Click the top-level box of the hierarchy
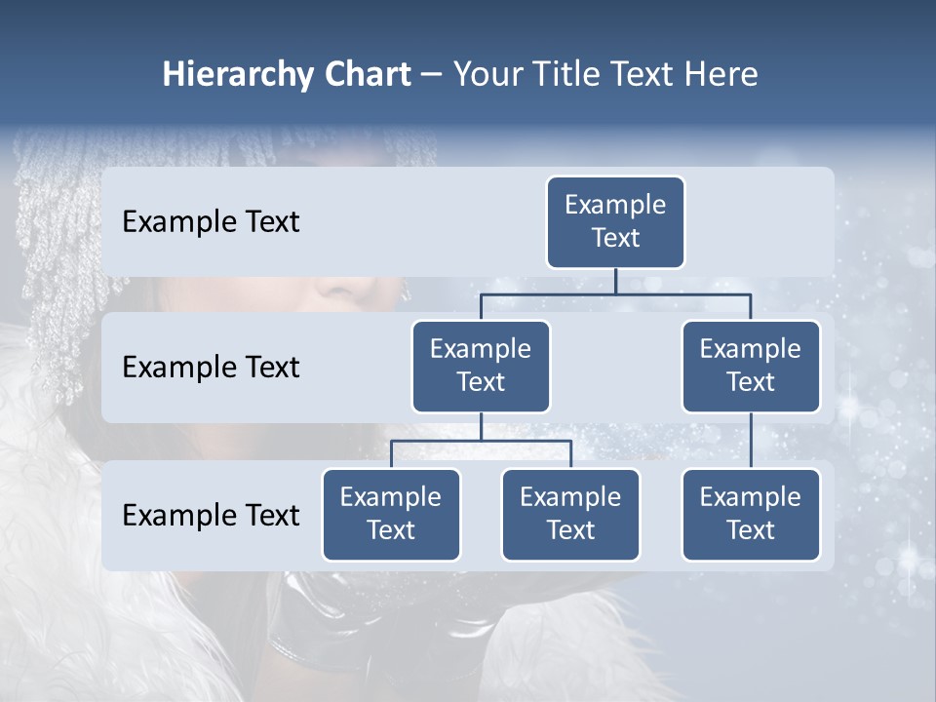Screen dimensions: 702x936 coord(615,222)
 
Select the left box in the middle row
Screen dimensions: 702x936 coord(481,367)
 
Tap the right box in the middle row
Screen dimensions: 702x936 coord(751,367)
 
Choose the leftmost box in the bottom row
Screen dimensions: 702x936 coord(391,515)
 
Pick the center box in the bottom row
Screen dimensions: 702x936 coord(570,515)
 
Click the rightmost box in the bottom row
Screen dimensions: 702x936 coord(751,515)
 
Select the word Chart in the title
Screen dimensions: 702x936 coord(368,74)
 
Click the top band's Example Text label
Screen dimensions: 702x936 coord(211,222)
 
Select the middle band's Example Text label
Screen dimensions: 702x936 coord(211,368)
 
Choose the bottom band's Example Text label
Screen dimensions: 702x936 coord(211,516)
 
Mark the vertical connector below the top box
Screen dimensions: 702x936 coord(615,281)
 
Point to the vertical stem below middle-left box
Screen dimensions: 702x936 coord(481,426)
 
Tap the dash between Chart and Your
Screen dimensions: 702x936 coord(432,76)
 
